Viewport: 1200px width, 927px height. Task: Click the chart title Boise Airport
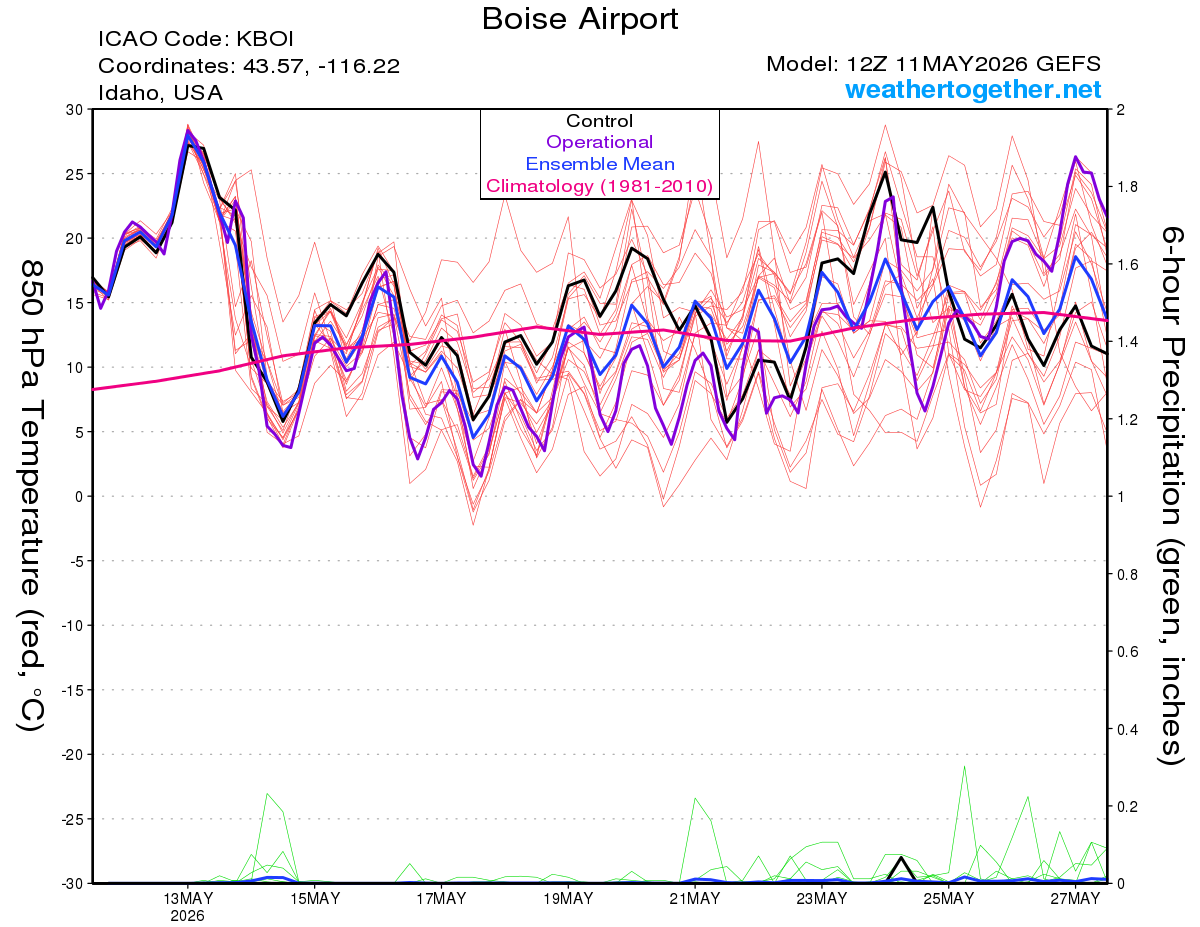(580, 19)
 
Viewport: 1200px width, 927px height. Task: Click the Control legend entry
(599, 121)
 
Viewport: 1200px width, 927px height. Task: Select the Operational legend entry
(599, 142)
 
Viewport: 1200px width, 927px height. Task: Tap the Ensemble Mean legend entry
(600, 164)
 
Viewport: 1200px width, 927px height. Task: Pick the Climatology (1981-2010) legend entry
(599, 186)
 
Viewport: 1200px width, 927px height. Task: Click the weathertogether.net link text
(973, 89)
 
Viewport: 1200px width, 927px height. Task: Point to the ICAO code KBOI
(265, 39)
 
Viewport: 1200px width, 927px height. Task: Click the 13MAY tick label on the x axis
(188, 899)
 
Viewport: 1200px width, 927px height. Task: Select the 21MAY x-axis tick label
(695, 899)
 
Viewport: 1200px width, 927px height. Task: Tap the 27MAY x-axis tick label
(1075, 899)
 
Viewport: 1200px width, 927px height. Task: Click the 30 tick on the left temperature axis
(74, 110)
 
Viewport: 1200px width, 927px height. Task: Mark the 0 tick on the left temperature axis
(78, 497)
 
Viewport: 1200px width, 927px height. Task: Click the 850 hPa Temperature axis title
(31, 496)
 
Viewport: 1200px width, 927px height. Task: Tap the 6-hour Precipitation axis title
(1171, 496)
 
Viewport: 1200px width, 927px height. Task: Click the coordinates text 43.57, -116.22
(321, 66)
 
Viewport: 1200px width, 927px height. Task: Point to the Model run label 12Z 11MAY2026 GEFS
(974, 64)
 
